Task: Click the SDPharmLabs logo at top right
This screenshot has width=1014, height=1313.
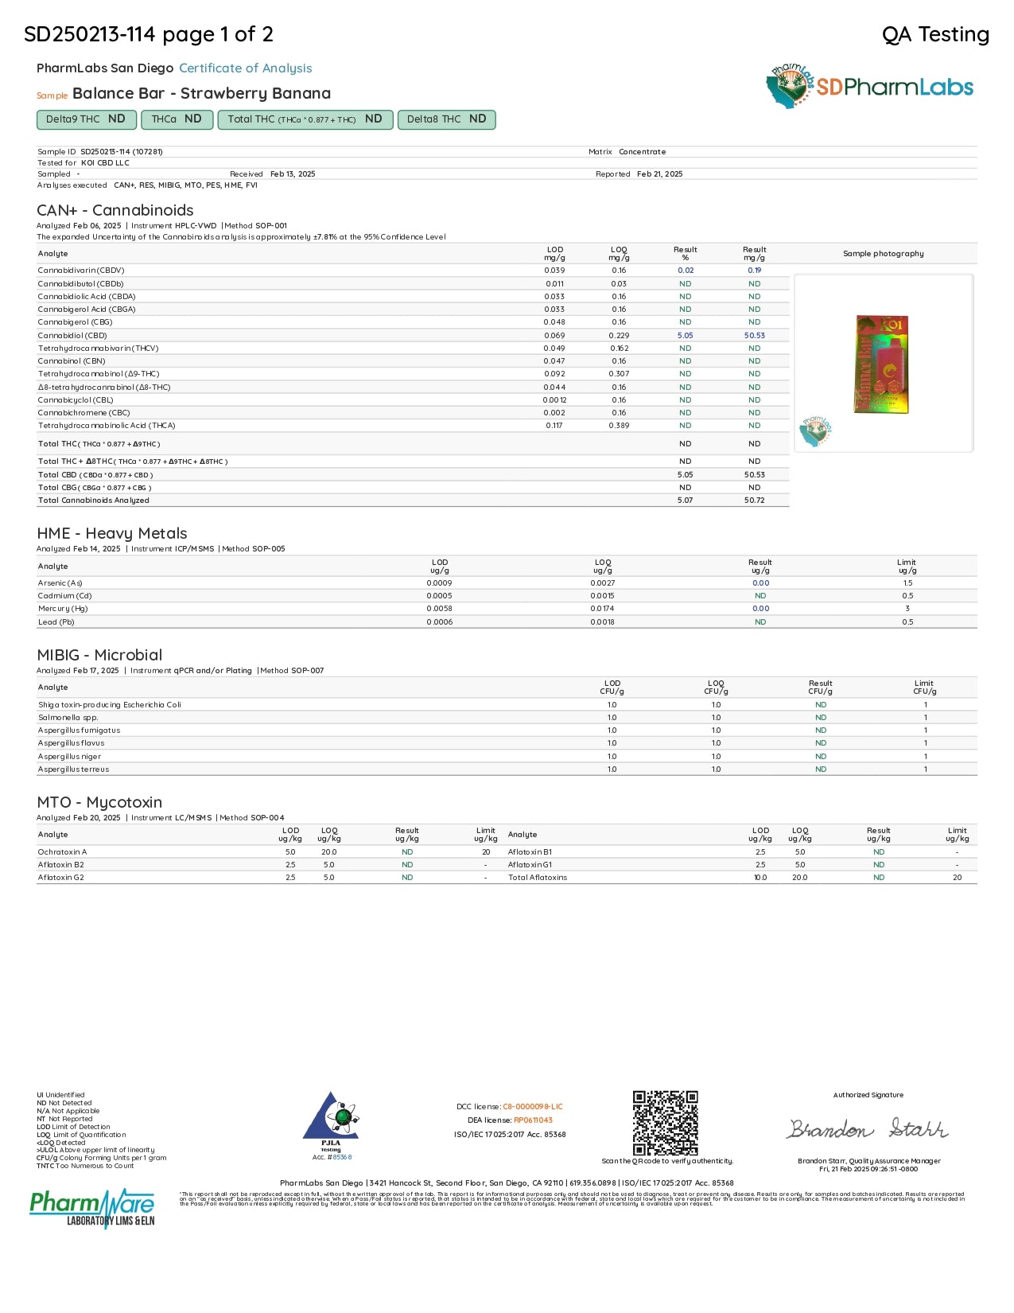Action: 869,87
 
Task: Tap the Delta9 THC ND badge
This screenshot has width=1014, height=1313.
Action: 85,119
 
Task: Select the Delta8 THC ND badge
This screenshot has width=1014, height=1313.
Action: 446,119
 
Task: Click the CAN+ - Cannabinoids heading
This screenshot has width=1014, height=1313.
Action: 115,210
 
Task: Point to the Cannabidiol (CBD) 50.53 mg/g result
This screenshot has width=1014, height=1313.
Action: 754,335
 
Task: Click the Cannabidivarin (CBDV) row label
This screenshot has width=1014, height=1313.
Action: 81,271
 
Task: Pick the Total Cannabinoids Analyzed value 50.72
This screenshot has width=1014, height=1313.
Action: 754,501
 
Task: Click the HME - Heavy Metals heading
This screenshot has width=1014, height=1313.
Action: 112,533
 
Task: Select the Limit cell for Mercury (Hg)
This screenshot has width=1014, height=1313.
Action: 907,609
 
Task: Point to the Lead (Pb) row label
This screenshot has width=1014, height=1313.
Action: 56,622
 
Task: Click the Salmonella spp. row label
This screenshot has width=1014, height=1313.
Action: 68,718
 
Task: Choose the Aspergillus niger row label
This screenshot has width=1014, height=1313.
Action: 70,757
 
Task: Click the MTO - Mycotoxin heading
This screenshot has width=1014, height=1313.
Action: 99,802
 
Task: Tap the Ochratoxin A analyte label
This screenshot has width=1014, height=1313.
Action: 63,852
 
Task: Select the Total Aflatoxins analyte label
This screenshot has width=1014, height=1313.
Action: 538,878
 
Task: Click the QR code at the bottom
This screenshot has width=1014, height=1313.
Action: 666,1123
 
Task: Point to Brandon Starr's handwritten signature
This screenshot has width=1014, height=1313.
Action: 868,1128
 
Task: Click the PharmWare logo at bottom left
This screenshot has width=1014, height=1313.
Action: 91,1208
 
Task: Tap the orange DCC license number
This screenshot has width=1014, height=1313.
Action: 532,1107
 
